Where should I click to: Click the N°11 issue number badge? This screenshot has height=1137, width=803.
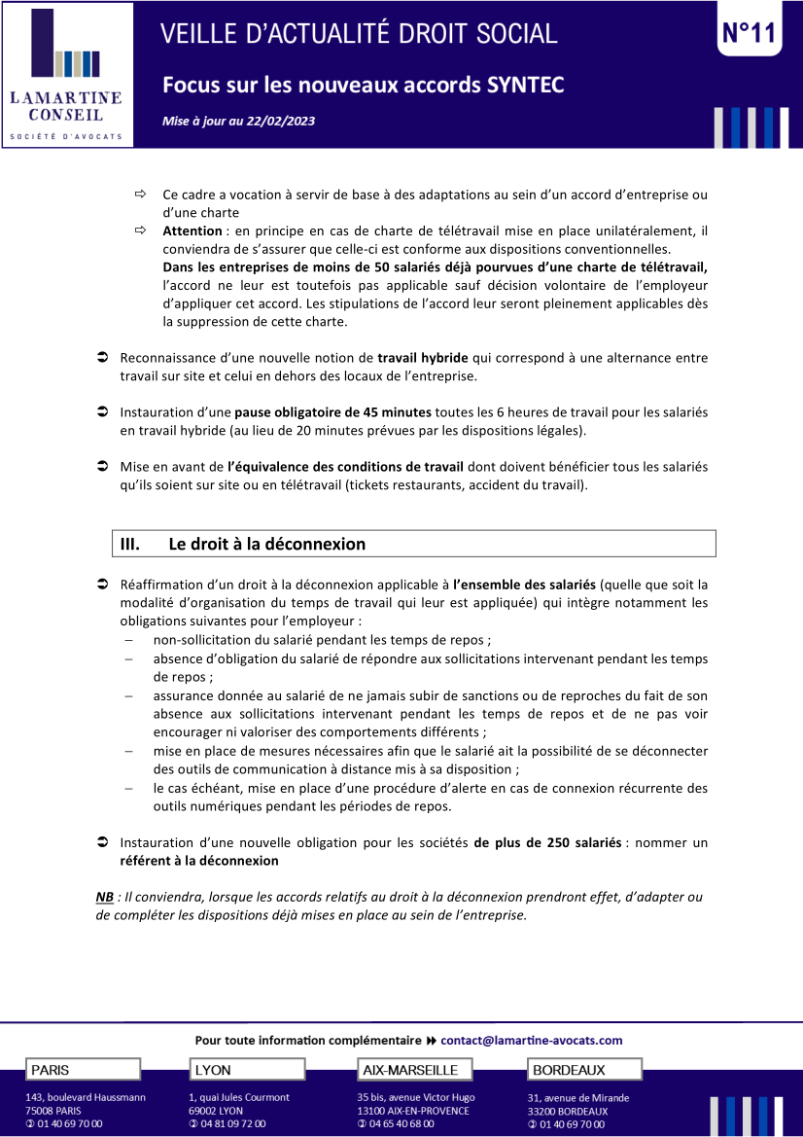[x=750, y=34]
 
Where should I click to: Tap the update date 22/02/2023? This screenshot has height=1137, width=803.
[x=281, y=122]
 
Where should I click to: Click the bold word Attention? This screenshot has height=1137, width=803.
[x=192, y=231]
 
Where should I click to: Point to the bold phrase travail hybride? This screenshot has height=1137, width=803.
[x=422, y=358]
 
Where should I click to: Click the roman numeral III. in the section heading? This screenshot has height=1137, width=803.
[x=130, y=544]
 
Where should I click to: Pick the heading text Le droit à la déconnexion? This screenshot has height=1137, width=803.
[x=267, y=544]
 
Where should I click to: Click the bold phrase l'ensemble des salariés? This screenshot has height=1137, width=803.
[x=524, y=585]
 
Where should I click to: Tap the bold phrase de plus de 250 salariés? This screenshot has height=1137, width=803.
[x=547, y=841]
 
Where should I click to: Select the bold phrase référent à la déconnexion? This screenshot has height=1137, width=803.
[x=198, y=860]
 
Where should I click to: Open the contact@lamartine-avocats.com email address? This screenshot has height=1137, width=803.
[x=531, y=1040]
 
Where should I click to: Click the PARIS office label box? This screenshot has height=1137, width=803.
[x=83, y=1070]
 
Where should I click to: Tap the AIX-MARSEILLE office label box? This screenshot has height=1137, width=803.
[x=415, y=1070]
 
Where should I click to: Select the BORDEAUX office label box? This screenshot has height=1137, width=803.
[x=584, y=1070]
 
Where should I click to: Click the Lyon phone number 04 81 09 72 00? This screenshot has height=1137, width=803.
[x=232, y=1123]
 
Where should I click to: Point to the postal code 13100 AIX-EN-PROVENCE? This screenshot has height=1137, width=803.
[x=412, y=1111]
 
